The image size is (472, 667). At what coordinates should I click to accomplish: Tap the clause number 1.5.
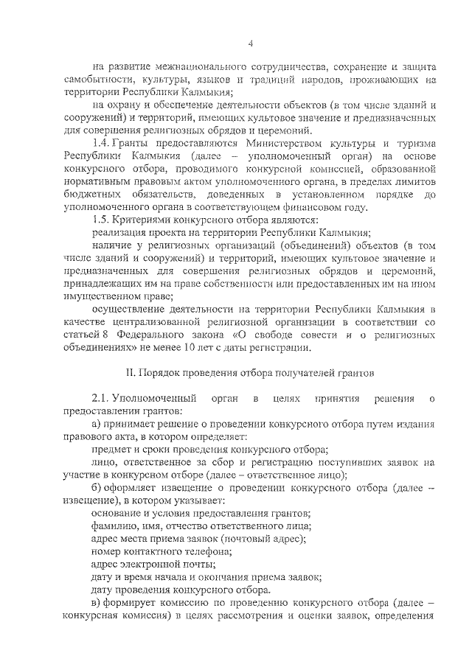coord(100,220)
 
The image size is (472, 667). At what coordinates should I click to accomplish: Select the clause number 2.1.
coord(100,399)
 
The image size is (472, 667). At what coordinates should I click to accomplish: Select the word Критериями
coord(145,220)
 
